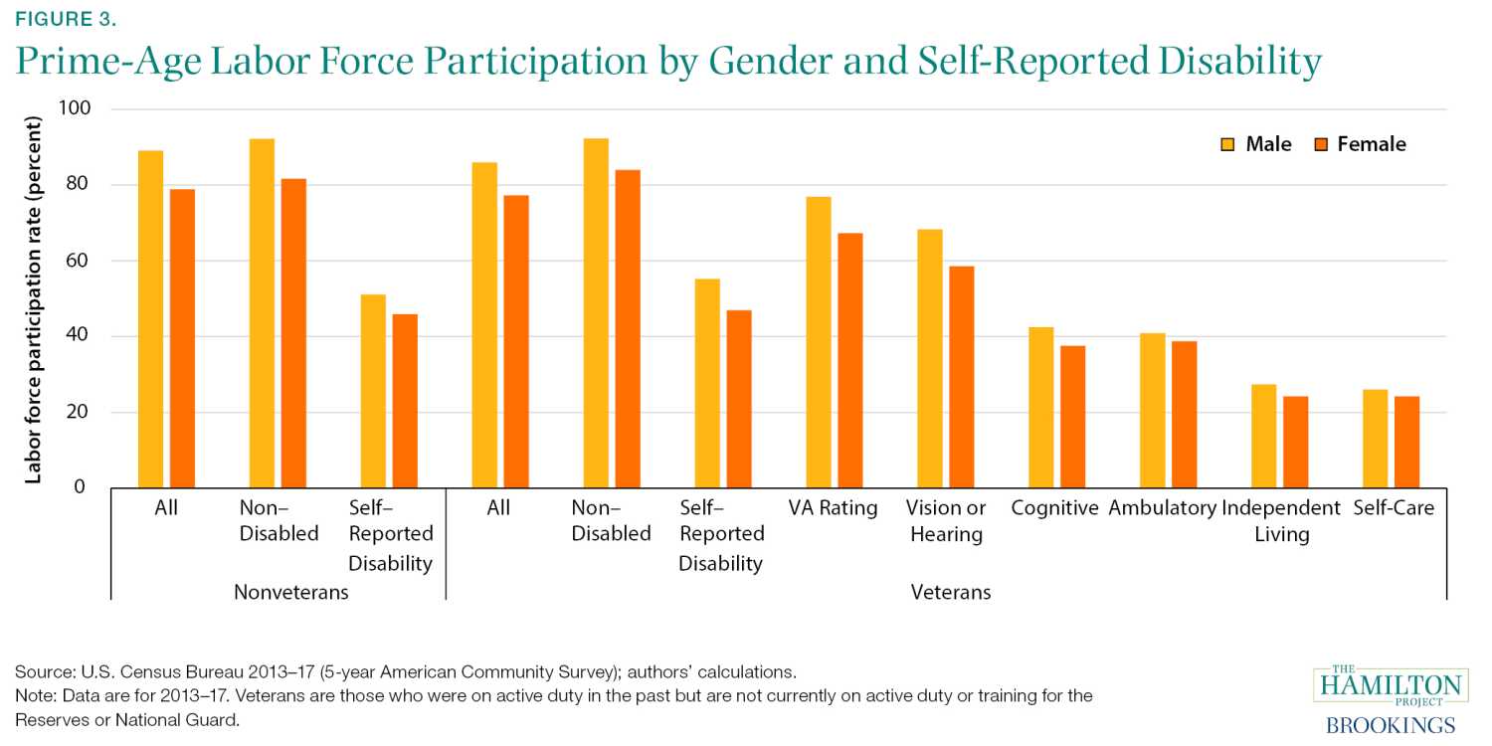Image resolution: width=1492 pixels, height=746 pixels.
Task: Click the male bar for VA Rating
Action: [x=819, y=342]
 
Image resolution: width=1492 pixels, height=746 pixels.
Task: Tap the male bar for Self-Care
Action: [x=1375, y=439]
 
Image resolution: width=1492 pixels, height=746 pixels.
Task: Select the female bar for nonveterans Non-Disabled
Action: [x=293, y=333]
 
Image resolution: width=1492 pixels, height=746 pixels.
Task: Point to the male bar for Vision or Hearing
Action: [x=929, y=358]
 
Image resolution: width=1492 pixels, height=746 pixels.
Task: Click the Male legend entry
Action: [x=1257, y=144]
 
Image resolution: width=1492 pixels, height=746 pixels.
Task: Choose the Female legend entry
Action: [x=1360, y=144]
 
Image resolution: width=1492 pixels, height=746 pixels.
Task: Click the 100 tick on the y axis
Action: [x=80, y=108]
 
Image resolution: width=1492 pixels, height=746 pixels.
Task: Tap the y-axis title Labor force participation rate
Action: [x=34, y=299]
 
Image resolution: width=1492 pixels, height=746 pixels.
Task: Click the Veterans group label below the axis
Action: [x=951, y=593]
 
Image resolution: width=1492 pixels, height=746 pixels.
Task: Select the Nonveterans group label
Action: [x=291, y=593]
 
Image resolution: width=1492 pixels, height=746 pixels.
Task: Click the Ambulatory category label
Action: [x=1162, y=508]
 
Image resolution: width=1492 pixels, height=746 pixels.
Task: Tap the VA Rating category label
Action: [x=833, y=508]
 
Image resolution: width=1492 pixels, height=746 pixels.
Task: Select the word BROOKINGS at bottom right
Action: [x=1391, y=725]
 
